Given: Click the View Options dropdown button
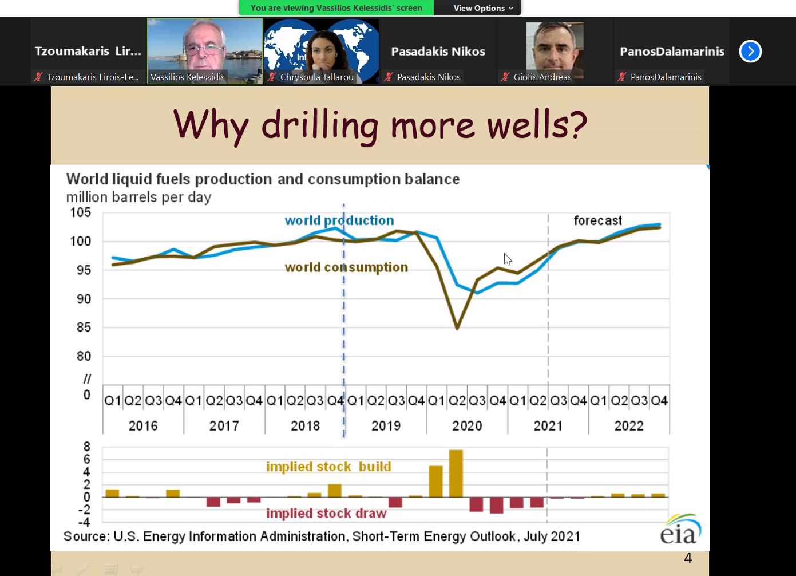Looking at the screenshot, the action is [483, 8].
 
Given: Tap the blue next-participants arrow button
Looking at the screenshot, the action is [750, 52].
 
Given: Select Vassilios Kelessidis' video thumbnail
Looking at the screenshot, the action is [205, 51].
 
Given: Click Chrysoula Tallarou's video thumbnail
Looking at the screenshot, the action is [321, 51].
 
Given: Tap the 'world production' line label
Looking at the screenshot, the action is [339, 220].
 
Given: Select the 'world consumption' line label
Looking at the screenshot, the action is [346, 267].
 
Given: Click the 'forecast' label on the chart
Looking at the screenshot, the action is [597, 220].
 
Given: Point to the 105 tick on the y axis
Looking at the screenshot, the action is [80, 212].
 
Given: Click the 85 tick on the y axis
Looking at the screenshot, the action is [84, 328].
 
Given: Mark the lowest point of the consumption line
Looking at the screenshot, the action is [457, 329].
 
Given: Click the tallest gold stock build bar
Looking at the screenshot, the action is [456, 474].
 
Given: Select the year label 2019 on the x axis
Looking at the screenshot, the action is [386, 426].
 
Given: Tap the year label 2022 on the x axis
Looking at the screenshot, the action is [629, 426].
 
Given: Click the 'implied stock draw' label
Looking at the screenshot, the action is [326, 514].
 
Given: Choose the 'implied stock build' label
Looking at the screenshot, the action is [328, 467].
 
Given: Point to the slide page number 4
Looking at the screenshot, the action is [688, 558].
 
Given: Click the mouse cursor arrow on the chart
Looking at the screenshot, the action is [508, 259].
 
